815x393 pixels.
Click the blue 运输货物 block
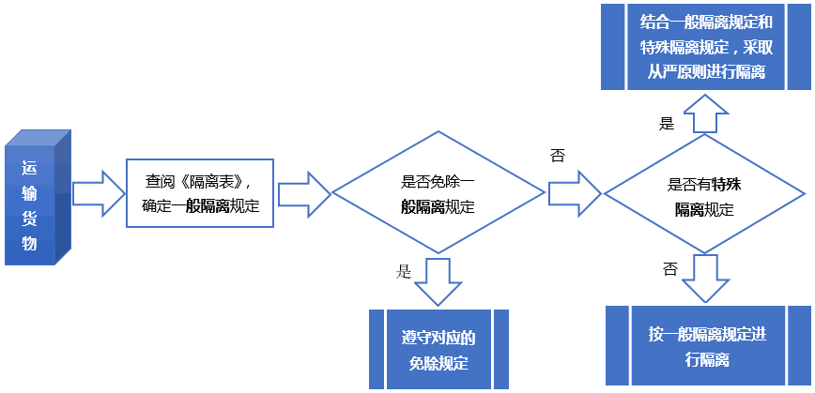pos(37,198)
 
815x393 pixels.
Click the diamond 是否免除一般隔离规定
pos(438,194)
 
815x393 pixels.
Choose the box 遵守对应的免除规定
pos(438,349)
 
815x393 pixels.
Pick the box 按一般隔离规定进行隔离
pos(707,346)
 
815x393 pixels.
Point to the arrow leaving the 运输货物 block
pos(98,193)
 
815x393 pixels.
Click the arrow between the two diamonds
pos(574,194)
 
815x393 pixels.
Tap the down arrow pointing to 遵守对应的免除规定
pos(438,280)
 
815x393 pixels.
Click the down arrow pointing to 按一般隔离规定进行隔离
pos(705,277)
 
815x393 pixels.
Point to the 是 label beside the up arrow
pos(667,123)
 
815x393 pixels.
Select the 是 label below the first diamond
pos(405,271)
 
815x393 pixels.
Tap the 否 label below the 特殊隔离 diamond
pos(669,269)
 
